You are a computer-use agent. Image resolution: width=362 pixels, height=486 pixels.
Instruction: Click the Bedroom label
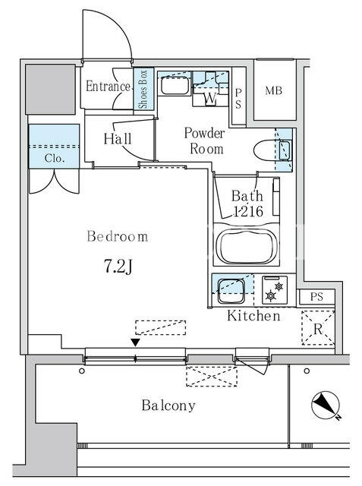coord(118,236)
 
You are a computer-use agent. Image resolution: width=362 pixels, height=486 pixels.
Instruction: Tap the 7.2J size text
coord(118,267)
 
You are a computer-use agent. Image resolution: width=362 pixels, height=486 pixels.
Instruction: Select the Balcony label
coord(168,406)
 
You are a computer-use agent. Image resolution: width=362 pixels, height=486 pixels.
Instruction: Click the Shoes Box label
coord(143,89)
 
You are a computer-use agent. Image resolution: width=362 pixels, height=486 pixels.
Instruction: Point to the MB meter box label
coord(274,90)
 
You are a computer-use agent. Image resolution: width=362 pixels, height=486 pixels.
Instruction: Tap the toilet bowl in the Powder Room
coord(265,150)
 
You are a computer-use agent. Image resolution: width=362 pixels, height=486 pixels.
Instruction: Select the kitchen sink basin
coord(231,291)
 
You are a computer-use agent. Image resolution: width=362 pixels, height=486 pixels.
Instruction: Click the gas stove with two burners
coord(275,290)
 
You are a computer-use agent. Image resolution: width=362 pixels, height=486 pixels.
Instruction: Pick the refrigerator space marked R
coord(318,328)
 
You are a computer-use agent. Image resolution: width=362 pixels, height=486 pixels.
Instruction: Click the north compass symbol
coord(326,405)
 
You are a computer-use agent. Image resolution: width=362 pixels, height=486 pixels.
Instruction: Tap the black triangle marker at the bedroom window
coord(135,342)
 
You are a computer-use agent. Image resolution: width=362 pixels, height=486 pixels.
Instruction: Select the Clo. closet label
coord(55,159)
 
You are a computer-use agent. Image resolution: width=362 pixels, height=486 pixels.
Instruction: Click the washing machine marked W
coord(210,98)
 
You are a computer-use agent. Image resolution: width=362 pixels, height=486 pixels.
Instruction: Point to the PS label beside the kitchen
coord(316,297)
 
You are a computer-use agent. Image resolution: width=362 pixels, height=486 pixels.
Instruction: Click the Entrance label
coord(108,86)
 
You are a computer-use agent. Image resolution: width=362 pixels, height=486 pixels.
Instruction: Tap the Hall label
coord(118,138)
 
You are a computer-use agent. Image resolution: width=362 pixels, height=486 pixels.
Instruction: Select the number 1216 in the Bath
coord(248,211)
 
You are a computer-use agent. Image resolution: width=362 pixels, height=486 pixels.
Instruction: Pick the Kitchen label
coord(253,316)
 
